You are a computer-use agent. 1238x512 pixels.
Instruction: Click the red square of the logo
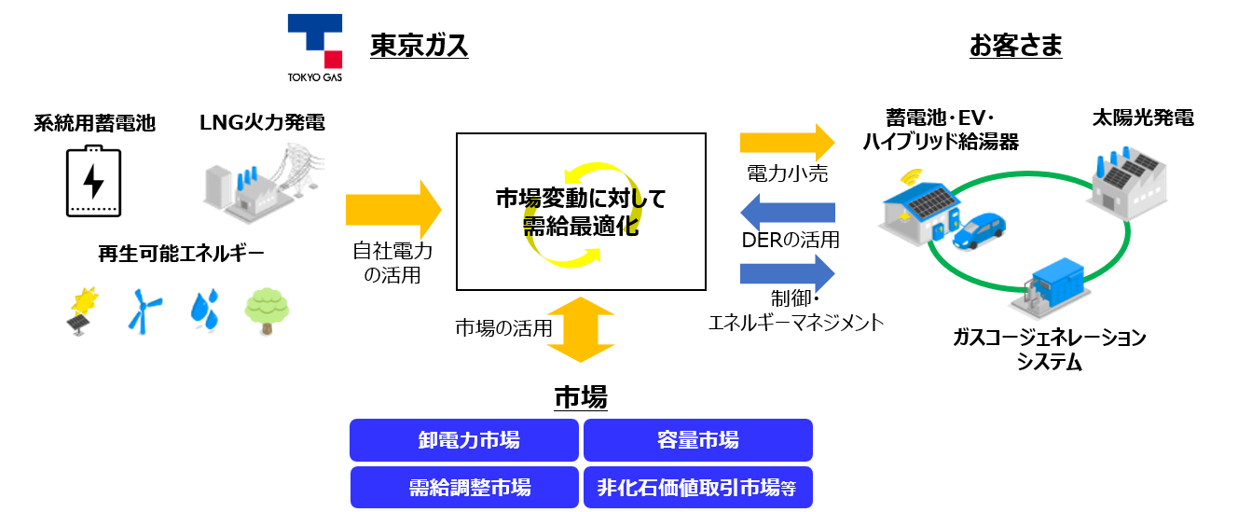click(333, 60)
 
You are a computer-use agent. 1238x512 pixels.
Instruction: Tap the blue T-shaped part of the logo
click(314, 27)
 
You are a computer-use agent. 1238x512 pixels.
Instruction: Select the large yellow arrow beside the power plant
click(392, 210)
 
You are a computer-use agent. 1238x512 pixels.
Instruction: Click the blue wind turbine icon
click(143, 310)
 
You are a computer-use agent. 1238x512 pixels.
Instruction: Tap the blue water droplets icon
click(205, 310)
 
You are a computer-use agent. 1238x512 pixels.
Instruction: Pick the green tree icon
click(267, 311)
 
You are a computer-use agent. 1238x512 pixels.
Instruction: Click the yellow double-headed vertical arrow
click(581, 330)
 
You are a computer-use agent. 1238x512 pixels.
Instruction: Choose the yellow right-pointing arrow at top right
click(787, 143)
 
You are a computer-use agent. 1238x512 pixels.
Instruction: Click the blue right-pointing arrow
click(787, 273)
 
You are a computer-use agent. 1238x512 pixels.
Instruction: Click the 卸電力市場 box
click(464, 440)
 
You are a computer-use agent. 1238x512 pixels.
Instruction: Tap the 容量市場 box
click(697, 440)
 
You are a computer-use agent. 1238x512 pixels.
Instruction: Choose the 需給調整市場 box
click(464, 488)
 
